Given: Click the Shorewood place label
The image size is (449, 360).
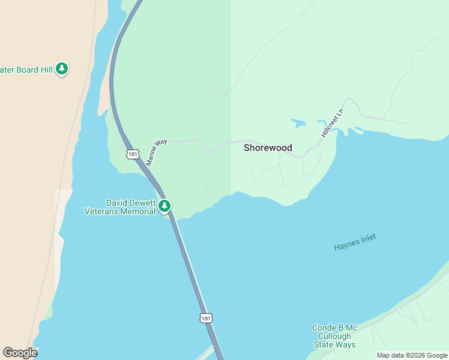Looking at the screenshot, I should [268, 148].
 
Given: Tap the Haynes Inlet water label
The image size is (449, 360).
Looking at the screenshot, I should [355, 242].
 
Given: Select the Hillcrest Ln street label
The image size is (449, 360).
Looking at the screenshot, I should [333, 123].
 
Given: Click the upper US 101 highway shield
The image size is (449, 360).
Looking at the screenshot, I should [133, 154].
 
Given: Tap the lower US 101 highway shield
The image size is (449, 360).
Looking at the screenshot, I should [206, 318].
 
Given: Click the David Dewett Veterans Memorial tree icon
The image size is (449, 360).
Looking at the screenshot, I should [164, 206].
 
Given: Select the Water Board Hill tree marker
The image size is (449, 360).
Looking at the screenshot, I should [62, 69].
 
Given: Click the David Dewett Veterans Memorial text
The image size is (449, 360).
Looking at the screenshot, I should [120, 207].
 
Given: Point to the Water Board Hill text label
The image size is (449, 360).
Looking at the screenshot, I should [26, 70].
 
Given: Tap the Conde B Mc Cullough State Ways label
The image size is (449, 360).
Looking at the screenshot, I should [334, 336].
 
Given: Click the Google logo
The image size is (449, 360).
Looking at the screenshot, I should [20, 353].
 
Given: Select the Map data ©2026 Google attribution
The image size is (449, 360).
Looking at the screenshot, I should [412, 355].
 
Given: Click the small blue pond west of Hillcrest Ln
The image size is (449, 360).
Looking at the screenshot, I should [298, 124].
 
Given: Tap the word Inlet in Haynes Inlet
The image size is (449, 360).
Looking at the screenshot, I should [367, 239].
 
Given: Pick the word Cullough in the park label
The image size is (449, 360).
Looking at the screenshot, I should [334, 336].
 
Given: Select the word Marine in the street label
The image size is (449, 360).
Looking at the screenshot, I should [152, 157].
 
